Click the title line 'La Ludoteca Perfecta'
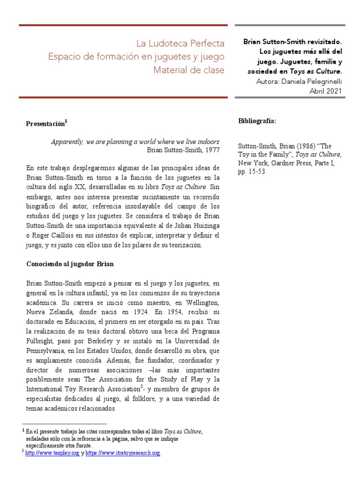click(180, 44)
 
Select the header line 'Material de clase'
click(189, 70)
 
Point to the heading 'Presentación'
click(45, 124)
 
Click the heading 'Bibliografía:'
click(257, 121)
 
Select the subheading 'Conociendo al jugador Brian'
click(70, 264)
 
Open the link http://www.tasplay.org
click(52, 453)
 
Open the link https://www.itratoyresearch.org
click(123, 453)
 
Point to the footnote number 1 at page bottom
click(23, 430)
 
